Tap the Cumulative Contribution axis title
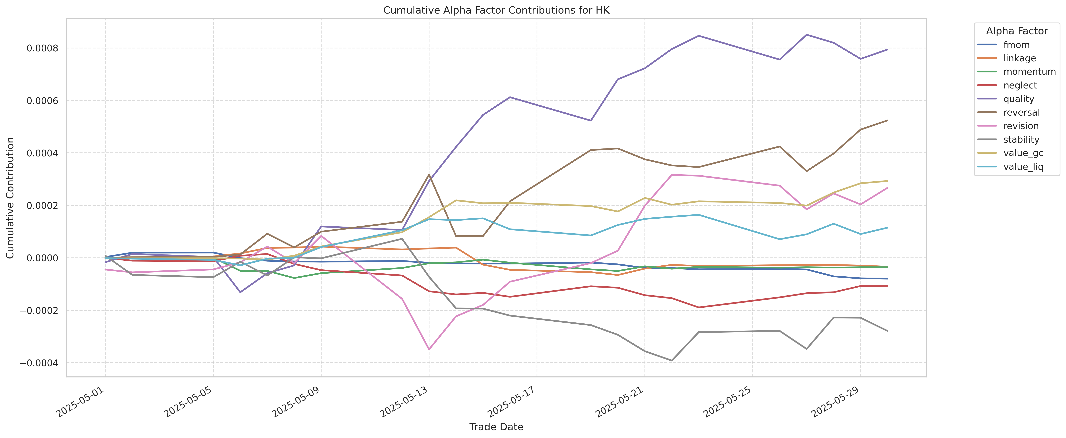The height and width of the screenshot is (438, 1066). [x=10, y=198]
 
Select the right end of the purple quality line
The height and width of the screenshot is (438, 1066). [x=887, y=49]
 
